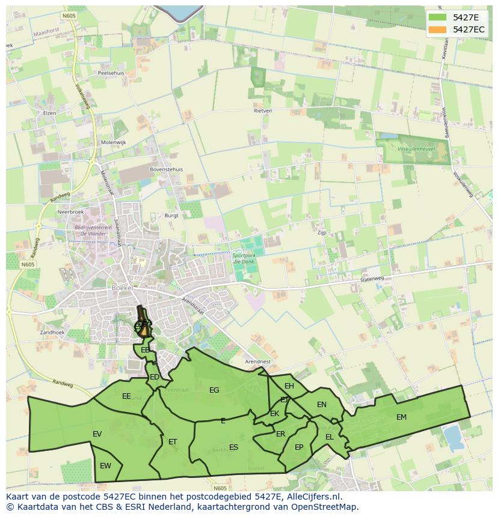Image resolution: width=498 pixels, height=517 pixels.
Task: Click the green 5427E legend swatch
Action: (x=437, y=17)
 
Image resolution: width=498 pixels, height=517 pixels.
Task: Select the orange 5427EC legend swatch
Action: (x=437, y=29)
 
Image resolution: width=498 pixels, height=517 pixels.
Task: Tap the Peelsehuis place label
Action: (x=110, y=73)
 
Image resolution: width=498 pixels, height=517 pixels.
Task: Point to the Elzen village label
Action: (x=49, y=113)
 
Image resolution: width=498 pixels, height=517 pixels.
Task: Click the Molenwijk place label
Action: (x=114, y=142)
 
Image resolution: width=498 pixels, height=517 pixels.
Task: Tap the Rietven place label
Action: (x=263, y=110)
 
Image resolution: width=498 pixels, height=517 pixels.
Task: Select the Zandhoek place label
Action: (x=52, y=332)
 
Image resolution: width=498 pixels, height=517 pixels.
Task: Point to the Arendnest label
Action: (x=258, y=361)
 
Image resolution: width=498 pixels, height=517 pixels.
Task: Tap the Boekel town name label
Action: (x=121, y=288)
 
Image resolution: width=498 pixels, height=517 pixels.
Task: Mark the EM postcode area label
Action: (x=401, y=417)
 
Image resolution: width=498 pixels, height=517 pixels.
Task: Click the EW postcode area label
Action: (x=105, y=465)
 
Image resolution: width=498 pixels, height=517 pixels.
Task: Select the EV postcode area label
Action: (x=97, y=434)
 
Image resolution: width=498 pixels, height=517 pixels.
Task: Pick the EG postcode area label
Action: (x=214, y=390)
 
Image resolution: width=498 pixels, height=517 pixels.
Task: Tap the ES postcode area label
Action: (x=233, y=447)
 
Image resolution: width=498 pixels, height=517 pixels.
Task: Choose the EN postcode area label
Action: (x=322, y=404)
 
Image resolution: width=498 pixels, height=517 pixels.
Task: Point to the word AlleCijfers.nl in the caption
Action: (x=312, y=497)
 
